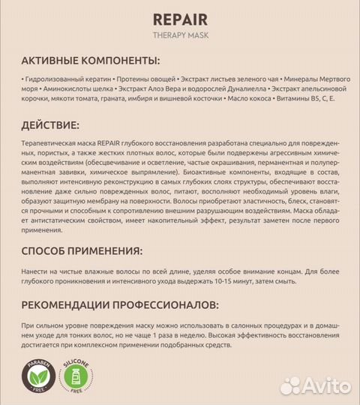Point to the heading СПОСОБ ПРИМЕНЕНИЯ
tap(83, 250)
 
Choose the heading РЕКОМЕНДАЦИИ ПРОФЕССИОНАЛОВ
tap(121, 304)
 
